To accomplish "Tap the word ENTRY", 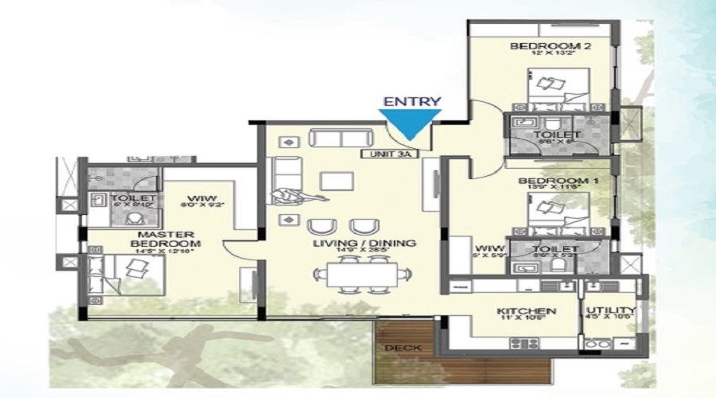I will [x=411, y=102].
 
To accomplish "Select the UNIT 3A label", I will [x=389, y=155].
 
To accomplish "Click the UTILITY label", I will [x=610, y=310].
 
